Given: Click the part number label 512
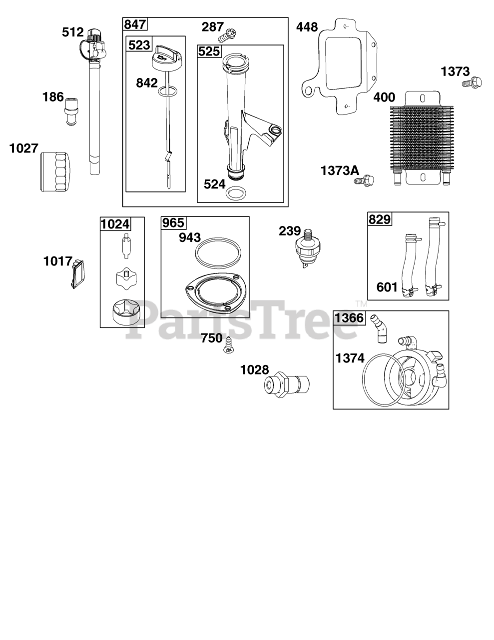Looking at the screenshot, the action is click(73, 32).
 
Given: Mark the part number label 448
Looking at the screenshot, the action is click(307, 27).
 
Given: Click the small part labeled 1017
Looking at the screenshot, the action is click(77, 274).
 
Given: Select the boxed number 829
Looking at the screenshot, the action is click(380, 219).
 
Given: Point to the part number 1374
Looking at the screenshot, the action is click(350, 358).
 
